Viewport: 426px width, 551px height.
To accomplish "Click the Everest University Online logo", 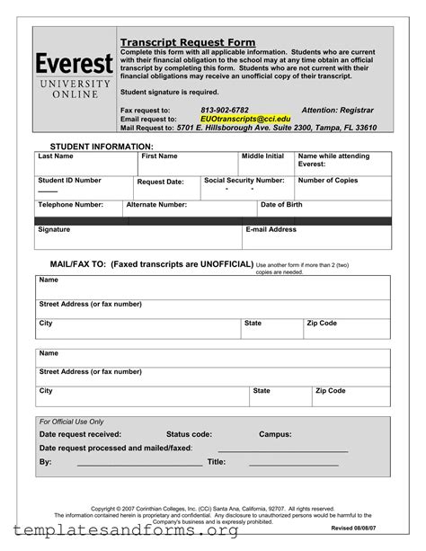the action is pos(74,76).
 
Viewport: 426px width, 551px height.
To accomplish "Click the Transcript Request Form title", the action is pos(188,42).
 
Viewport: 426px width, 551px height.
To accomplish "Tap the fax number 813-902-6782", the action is pos(225,110).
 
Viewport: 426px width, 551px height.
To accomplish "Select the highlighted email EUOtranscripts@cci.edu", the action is pos(245,119).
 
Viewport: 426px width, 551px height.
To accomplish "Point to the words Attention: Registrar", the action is pos(337,110).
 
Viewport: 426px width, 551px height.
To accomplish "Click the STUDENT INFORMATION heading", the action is pos(102,146).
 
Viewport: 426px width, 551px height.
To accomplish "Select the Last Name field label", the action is pos(56,156).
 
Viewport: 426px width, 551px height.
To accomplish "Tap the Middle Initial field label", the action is pos(262,156).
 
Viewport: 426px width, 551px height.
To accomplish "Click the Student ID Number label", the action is pos(69,181).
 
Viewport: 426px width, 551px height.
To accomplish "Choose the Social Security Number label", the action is pos(244,181).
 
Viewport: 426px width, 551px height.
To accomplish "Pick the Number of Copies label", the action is pos(327,181).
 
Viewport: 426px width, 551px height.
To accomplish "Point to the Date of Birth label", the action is pos(281,205).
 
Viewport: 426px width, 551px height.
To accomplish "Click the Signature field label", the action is pos(54,230).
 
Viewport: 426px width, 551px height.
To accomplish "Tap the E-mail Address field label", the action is pos(271,230).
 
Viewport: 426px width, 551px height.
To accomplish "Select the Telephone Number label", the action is pos(70,205).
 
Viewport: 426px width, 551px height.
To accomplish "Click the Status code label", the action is pos(189,434).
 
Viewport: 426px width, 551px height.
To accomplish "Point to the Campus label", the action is pos(275,434).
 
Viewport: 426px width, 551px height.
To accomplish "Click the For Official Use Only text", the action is pos(72,422).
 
